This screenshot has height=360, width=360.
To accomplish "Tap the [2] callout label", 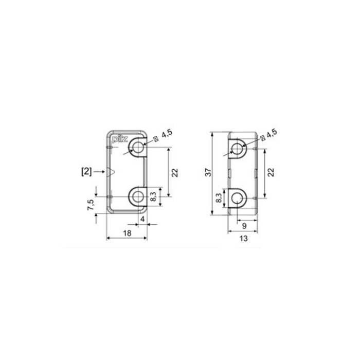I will pyautogui.click(x=86, y=171).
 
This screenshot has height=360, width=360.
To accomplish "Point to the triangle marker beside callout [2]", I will pyautogui.click(x=110, y=171).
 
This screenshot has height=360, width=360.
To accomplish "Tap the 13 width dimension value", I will pyautogui.click(x=244, y=238).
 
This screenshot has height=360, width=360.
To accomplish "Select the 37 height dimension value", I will pyautogui.click(x=207, y=174).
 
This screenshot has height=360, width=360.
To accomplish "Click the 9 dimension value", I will pyautogui.click(x=244, y=225).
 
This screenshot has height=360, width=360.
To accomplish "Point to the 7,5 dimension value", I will pyautogui.click(x=91, y=205).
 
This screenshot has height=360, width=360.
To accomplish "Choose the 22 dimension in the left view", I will pyautogui.click(x=175, y=172).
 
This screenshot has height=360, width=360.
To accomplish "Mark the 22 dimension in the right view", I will pyautogui.click(x=271, y=173).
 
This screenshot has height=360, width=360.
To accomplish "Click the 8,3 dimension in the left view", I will pyautogui.click(x=153, y=196).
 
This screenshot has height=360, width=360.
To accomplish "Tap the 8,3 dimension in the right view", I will pyautogui.click(x=219, y=198).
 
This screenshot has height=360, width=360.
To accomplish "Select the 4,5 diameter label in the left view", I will pyautogui.click(x=166, y=135).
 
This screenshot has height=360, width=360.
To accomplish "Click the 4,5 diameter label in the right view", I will pyautogui.click(x=272, y=133).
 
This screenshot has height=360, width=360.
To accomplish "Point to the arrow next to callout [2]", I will pyautogui.click(x=99, y=171).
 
